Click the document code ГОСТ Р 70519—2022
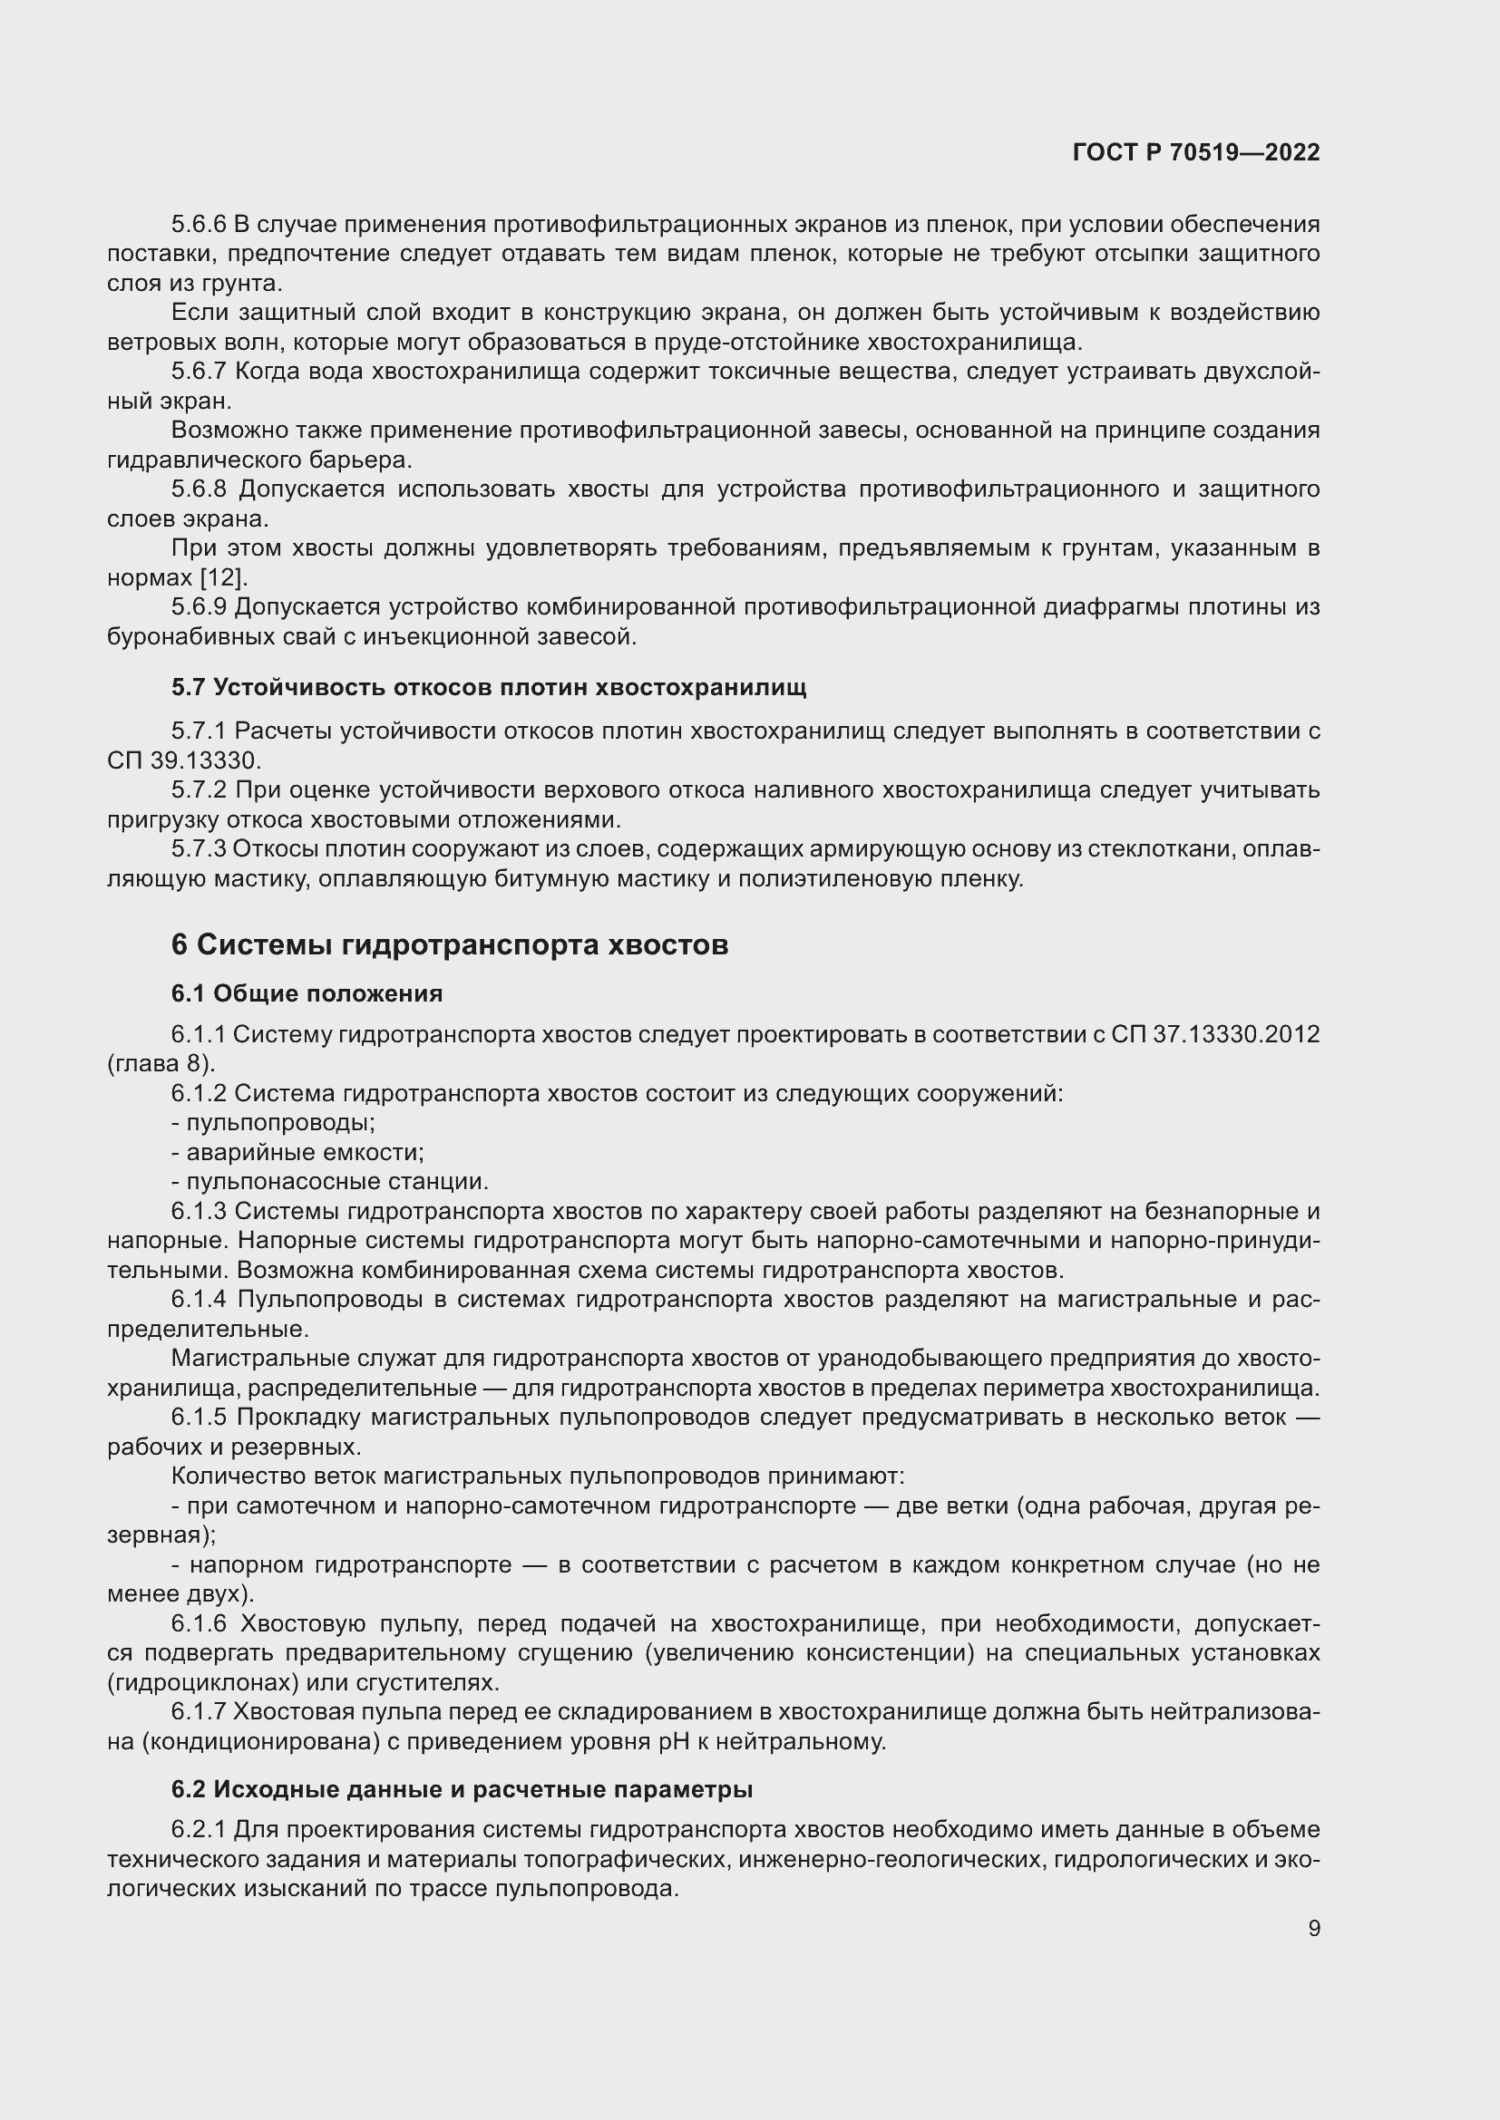(x=1196, y=152)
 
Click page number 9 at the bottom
(x=1313, y=1928)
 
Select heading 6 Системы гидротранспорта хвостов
(x=450, y=945)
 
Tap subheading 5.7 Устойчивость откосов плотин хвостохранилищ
(x=489, y=687)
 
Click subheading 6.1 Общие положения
(x=307, y=993)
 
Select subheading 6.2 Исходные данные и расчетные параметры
(x=462, y=1789)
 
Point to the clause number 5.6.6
(x=199, y=225)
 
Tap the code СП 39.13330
(x=185, y=760)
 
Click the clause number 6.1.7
(x=199, y=1712)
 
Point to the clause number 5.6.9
(x=199, y=607)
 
